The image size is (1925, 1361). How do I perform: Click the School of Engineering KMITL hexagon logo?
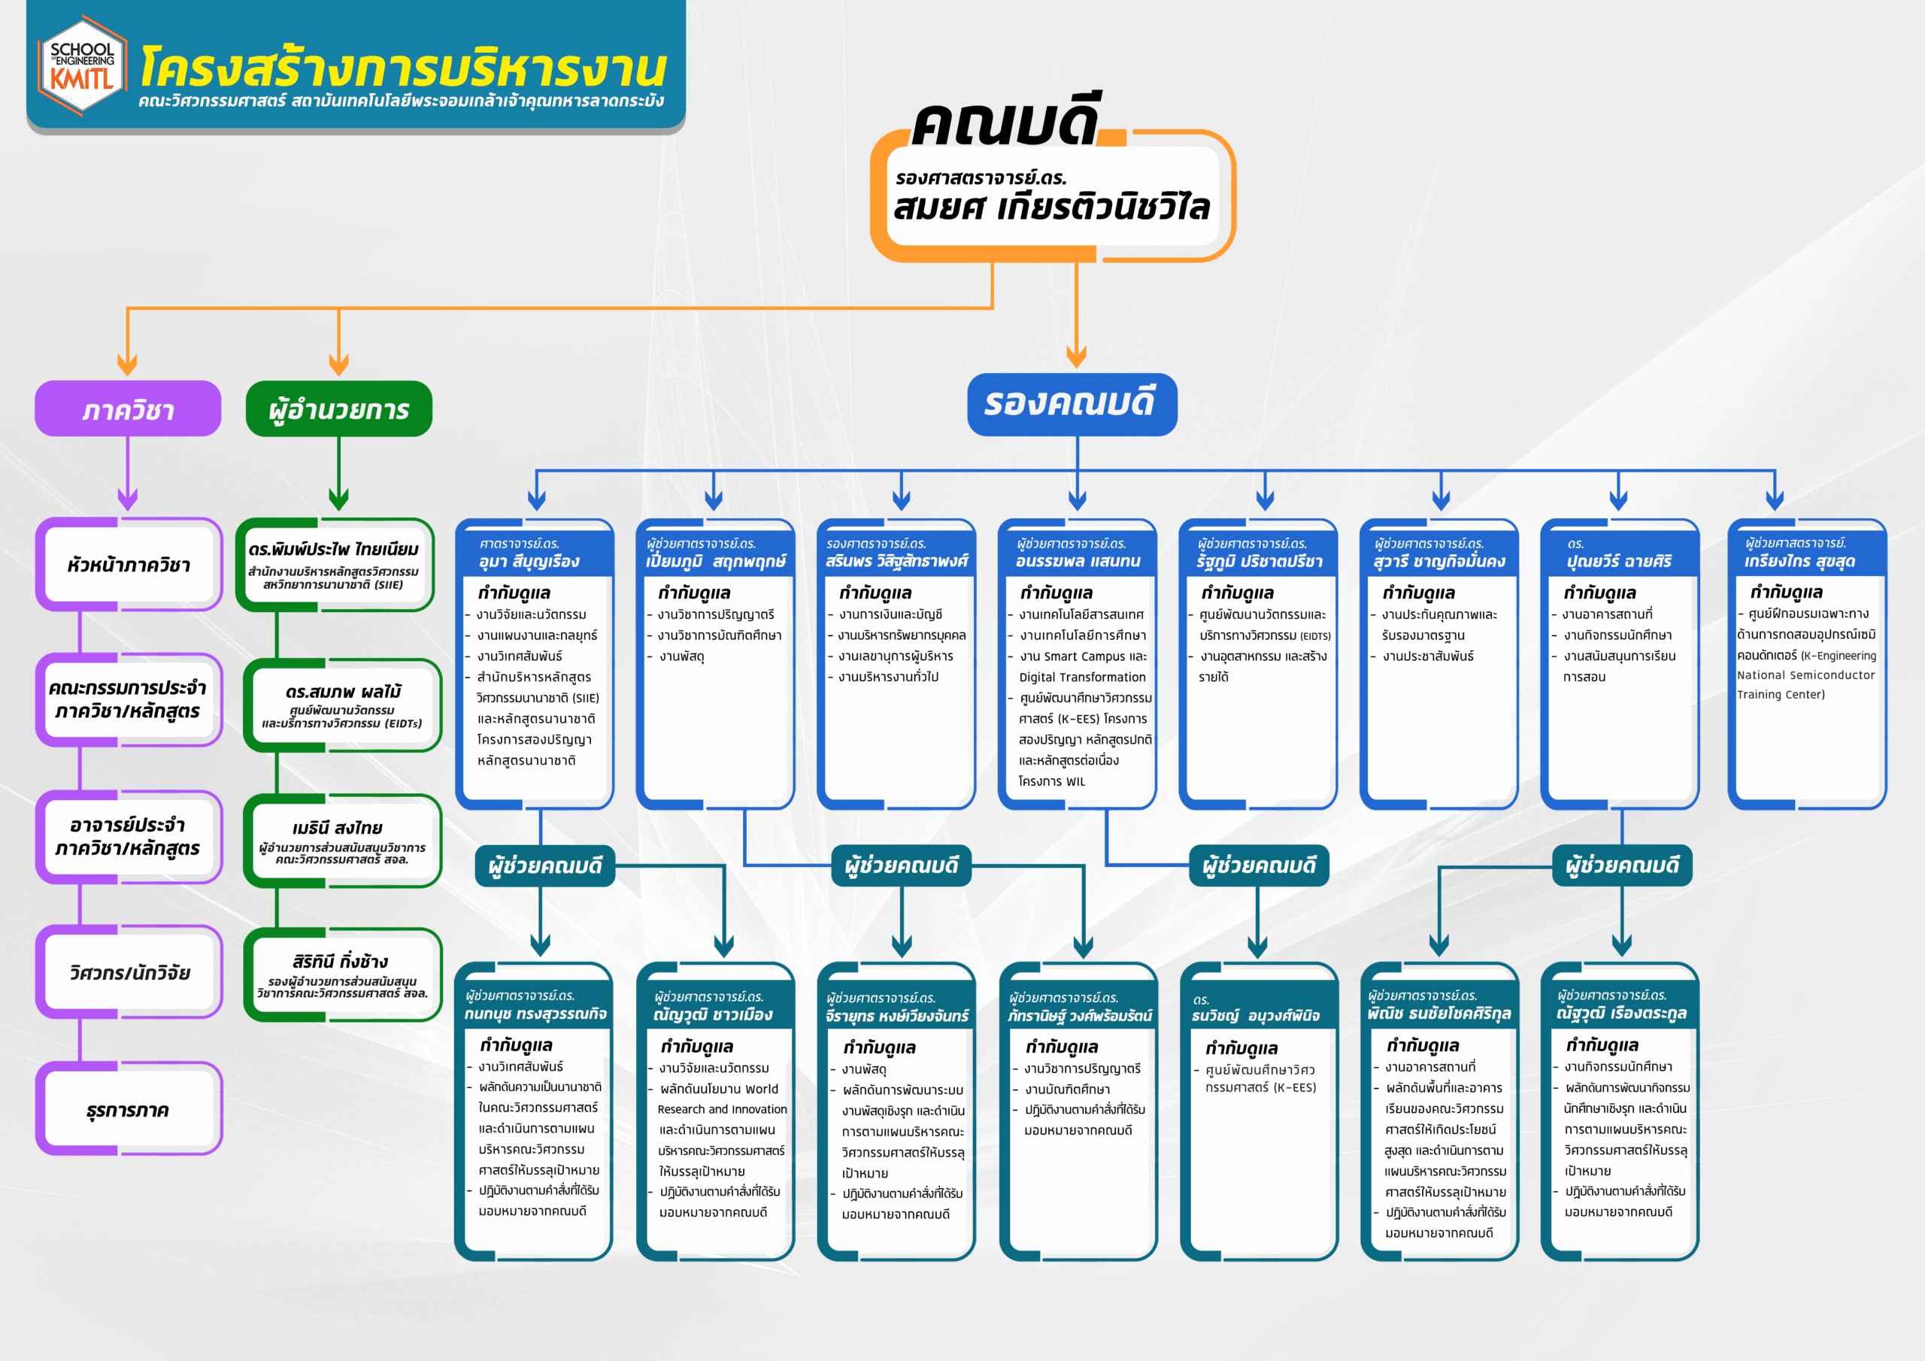pyautogui.click(x=82, y=65)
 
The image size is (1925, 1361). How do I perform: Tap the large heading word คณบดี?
pyautogui.click(x=1005, y=126)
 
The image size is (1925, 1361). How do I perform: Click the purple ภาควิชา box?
pyautogui.click(x=127, y=409)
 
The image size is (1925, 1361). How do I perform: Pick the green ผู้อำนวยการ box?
pyautogui.click(x=338, y=409)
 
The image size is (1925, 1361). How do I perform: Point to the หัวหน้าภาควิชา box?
pyautogui.click(x=129, y=565)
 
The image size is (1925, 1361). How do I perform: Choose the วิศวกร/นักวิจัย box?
pyautogui.click(x=129, y=973)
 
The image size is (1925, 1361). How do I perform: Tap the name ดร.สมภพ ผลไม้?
pyautogui.click(x=343, y=692)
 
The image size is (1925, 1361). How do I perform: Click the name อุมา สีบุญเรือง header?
pyautogui.click(x=529, y=561)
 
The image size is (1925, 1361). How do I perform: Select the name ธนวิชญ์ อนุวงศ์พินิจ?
pyautogui.click(x=1255, y=1016)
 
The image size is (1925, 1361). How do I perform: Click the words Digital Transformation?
pyautogui.click(x=1082, y=677)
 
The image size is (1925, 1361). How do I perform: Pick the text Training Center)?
pyautogui.click(x=1781, y=694)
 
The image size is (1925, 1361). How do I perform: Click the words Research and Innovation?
pyautogui.click(x=722, y=1109)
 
